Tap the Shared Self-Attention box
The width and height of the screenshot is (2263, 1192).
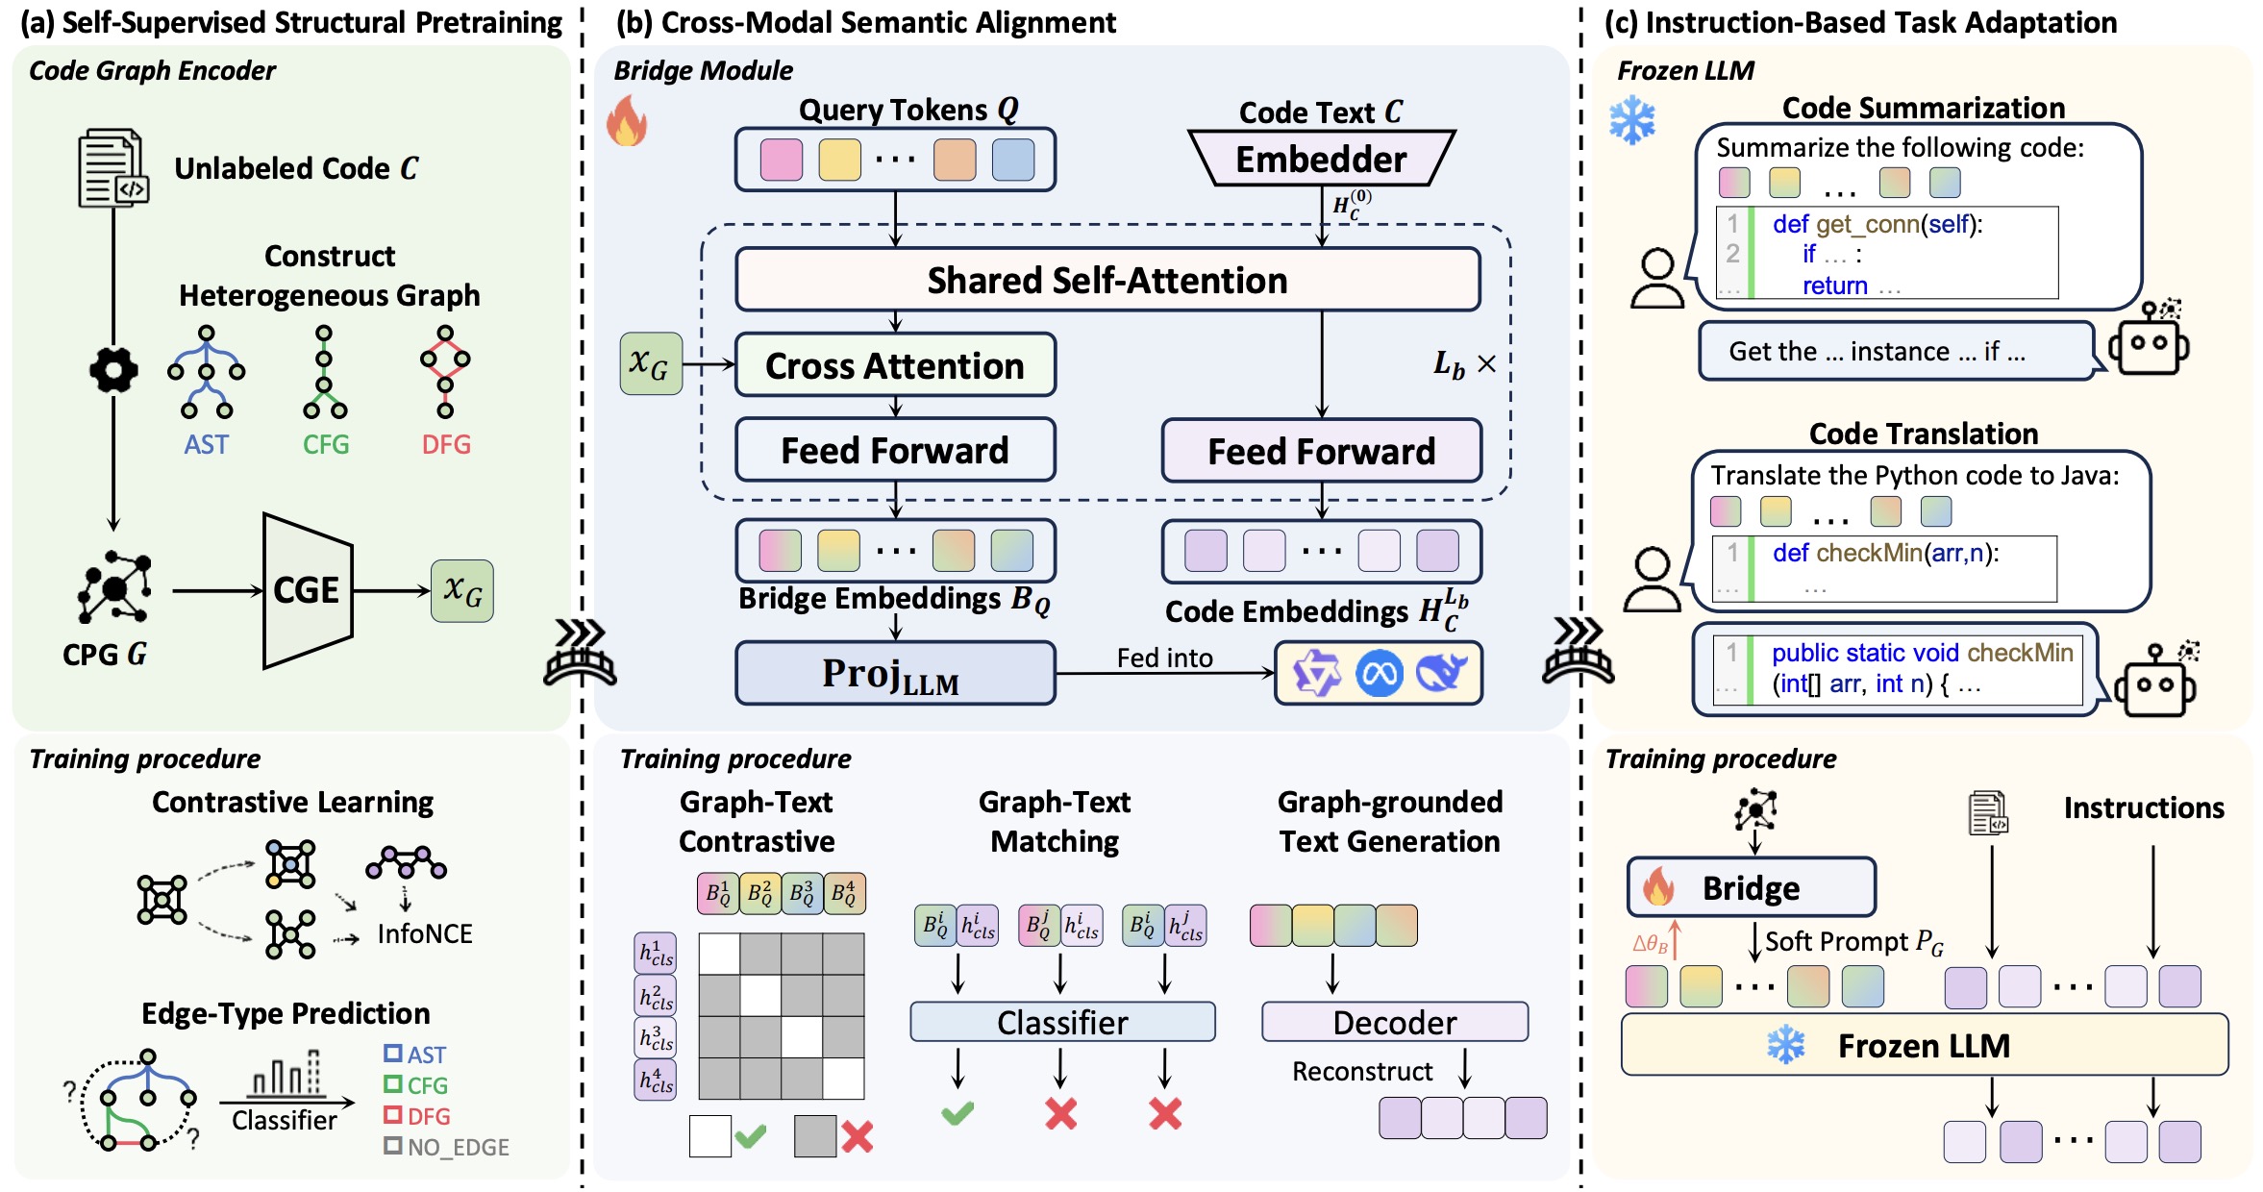pyautogui.click(x=1107, y=280)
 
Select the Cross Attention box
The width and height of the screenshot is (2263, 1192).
pyautogui.click(x=895, y=365)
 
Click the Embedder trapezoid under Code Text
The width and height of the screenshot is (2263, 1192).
pyautogui.click(x=1321, y=159)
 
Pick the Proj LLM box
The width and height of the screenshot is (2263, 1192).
pyautogui.click(x=895, y=674)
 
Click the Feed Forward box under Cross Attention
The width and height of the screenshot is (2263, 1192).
pyautogui.click(x=895, y=450)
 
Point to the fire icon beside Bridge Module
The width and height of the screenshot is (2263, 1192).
pyautogui.click(x=627, y=121)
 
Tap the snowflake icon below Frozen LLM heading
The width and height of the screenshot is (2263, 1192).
pyautogui.click(x=1632, y=121)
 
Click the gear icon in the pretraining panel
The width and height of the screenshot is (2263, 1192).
pyautogui.click(x=113, y=370)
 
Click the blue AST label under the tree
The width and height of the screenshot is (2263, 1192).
pyautogui.click(x=207, y=444)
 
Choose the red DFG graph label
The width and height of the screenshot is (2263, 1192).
pyautogui.click(x=446, y=444)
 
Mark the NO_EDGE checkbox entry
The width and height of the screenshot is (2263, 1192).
pyautogui.click(x=447, y=1147)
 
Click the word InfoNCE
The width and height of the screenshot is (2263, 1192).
pyautogui.click(x=425, y=933)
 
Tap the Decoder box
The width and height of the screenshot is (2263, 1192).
pyautogui.click(x=1394, y=1022)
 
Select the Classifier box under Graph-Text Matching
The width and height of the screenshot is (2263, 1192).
pyautogui.click(x=1062, y=1022)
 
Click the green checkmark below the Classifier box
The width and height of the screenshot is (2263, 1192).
pyautogui.click(x=957, y=1113)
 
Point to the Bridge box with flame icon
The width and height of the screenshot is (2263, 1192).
pyautogui.click(x=1751, y=887)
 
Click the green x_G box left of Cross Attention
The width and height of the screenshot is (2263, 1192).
pyautogui.click(x=651, y=364)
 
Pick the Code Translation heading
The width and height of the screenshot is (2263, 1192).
pyautogui.click(x=1923, y=434)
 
